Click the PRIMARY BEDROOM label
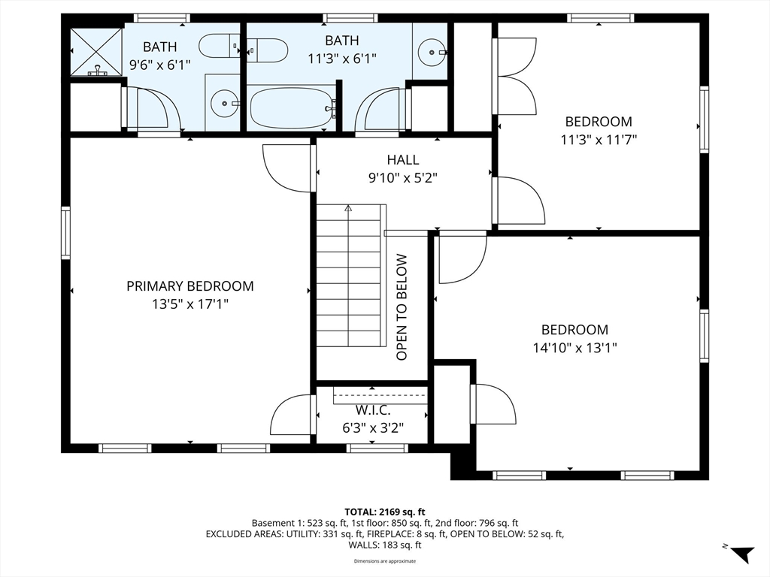190,286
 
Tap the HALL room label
403,159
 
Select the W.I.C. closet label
373,410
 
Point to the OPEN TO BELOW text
402,307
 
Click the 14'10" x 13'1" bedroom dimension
574,348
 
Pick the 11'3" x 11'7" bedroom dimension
599,140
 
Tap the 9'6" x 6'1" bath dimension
159,65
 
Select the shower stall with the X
96,52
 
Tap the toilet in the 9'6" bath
219,46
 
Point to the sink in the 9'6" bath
225,104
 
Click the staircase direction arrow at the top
348,208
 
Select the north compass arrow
741,553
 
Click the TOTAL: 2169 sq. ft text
384,512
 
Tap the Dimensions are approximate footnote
384,560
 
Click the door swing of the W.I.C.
291,415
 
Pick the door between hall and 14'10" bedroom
462,259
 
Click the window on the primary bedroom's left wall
65,233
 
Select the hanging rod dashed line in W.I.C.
380,395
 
